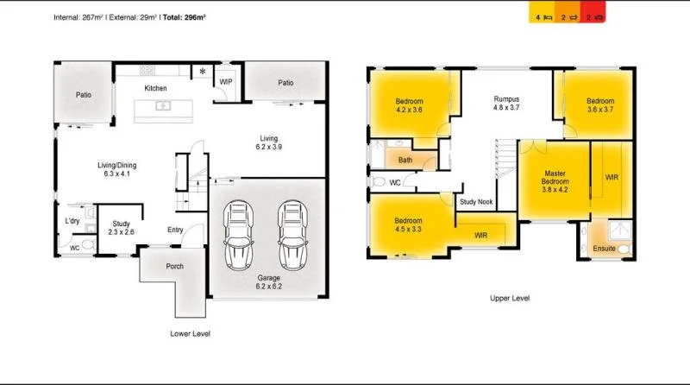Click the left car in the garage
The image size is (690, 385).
click(238, 236)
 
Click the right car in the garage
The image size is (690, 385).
click(292, 236)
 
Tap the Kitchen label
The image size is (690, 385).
click(155, 88)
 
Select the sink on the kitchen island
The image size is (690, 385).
click(161, 106)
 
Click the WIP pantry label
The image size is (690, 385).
click(226, 81)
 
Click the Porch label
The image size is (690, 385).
click(174, 266)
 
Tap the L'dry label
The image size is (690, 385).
click(72, 222)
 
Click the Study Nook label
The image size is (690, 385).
click(477, 202)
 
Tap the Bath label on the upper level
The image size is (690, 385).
click(405, 160)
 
